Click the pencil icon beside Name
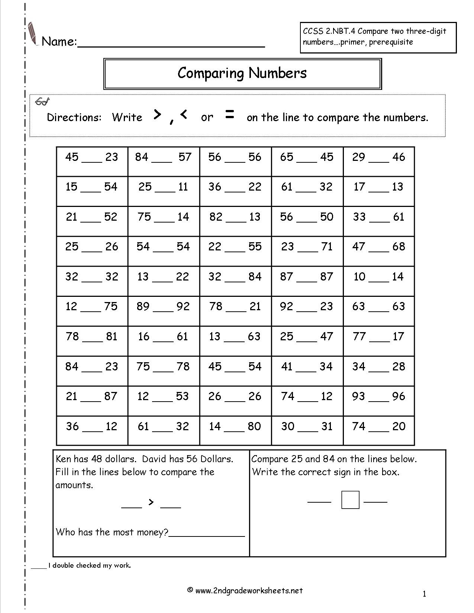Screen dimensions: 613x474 point(33,34)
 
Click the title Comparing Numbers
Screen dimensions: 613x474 point(242,73)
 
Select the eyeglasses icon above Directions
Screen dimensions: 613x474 point(42,101)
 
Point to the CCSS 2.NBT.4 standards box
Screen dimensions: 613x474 point(378,37)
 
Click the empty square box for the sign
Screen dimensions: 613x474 point(350,500)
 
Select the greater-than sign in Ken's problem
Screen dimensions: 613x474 point(151,502)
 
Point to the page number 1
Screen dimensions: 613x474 point(424,594)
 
